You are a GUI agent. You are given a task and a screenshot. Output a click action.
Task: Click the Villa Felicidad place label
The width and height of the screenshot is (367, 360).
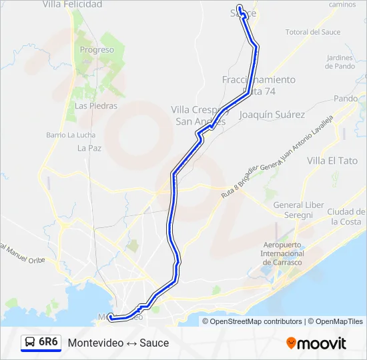point(72,5)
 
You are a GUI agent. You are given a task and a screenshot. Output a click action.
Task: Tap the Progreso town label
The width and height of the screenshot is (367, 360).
point(97,50)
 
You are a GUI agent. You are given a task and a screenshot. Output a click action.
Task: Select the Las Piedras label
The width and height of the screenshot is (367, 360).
point(96,105)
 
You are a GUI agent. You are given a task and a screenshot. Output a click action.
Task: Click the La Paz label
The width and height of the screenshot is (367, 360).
point(89,148)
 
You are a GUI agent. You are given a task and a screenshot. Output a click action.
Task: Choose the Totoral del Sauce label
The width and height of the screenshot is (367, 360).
point(313,32)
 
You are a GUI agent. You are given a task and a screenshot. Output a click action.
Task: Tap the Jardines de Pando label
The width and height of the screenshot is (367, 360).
point(340,62)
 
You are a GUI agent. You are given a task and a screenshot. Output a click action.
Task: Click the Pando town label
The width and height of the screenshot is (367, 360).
point(346,99)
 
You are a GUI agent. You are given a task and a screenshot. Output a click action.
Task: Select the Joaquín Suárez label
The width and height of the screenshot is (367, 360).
point(272,115)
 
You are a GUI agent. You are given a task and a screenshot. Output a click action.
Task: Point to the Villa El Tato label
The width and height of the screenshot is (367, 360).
point(332,161)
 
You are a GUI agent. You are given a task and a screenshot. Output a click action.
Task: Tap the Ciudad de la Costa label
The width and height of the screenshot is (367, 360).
point(346,217)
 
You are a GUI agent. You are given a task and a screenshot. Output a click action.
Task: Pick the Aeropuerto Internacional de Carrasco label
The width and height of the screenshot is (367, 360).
point(282,254)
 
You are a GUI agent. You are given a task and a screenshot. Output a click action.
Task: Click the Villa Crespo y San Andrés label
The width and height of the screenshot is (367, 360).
point(200,115)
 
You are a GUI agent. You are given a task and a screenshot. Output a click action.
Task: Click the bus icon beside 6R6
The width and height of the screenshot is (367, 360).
point(30,343)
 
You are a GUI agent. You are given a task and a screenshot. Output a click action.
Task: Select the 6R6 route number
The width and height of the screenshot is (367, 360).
point(49,342)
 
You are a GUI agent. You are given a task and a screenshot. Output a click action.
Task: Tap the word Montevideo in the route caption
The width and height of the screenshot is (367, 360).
point(91,343)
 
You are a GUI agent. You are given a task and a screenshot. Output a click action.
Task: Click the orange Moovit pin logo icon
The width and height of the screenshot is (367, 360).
point(291,343)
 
